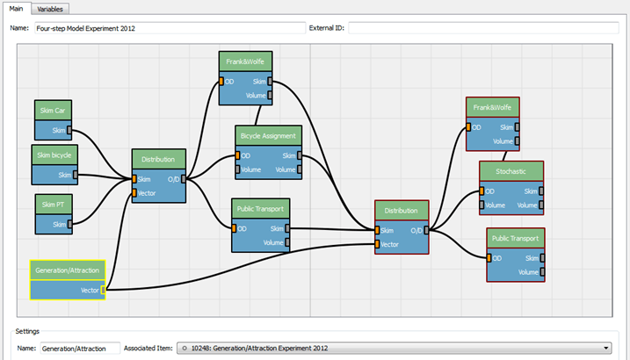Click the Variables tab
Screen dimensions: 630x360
point(50,9)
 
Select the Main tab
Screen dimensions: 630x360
point(16,9)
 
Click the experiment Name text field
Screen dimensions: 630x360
point(170,28)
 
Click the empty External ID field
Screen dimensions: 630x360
point(483,28)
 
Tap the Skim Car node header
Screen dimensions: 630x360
point(53,111)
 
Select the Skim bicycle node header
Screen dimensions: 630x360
point(54,155)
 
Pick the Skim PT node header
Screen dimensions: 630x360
point(54,205)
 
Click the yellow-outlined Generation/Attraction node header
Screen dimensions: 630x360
point(68,270)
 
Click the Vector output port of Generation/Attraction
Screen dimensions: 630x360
point(104,290)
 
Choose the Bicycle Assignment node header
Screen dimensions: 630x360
point(268,135)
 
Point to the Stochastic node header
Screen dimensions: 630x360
point(511,171)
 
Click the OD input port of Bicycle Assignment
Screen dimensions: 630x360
point(238,155)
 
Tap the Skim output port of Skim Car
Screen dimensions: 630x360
point(69,130)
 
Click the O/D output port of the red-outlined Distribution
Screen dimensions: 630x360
point(426,230)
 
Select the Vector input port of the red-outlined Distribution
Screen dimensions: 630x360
point(377,244)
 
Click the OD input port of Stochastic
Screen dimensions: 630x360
point(482,191)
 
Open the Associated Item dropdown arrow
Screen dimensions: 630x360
point(606,348)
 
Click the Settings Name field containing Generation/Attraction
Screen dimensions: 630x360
point(80,349)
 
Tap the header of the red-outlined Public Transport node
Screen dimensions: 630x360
point(516,239)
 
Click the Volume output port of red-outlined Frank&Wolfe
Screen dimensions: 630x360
point(518,141)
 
